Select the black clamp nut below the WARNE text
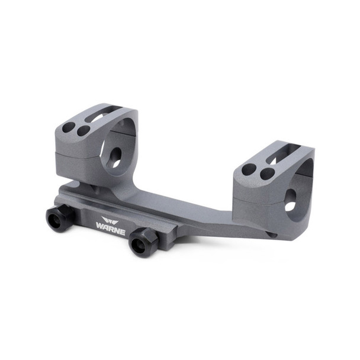pyautogui.click(x=142, y=242)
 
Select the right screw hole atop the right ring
pyautogui.click(x=267, y=173)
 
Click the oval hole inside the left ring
pyautogui.click(x=115, y=156)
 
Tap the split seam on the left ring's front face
pyautogui.click(x=74, y=152)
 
